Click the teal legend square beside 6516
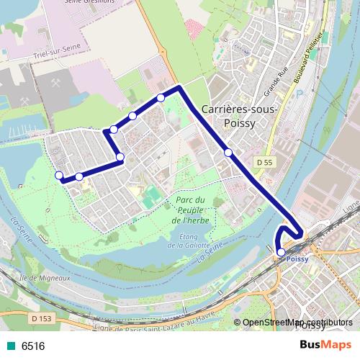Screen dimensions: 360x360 pyautogui.click(x=10, y=346)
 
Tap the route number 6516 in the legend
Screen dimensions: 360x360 pyautogui.click(x=33, y=346)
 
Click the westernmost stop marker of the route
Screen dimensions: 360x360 pyautogui.click(x=59, y=175)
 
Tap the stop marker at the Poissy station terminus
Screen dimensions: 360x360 pyautogui.click(x=281, y=252)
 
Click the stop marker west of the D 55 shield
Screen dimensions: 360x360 pyautogui.click(x=228, y=153)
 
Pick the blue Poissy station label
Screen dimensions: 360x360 pyautogui.click(x=297, y=258)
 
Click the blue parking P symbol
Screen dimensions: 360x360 pyautogui.click(x=311, y=93)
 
